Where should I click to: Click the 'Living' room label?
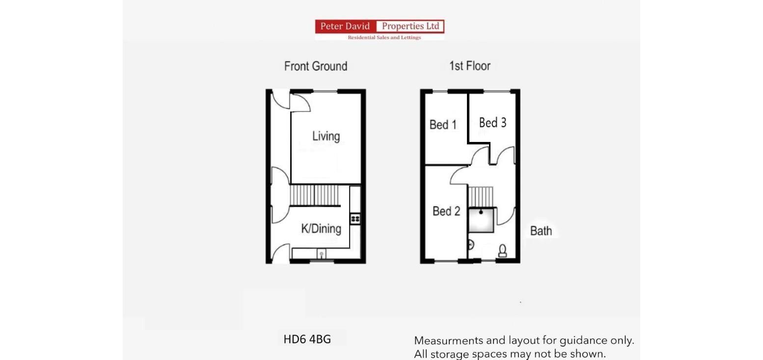[x=326, y=136]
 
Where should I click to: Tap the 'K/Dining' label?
[x=321, y=228]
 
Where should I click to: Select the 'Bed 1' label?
[x=443, y=125]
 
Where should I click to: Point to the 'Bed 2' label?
[x=446, y=211]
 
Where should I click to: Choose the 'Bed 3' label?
[x=492, y=122]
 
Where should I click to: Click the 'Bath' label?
[x=541, y=231]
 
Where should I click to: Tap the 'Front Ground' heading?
[x=316, y=66]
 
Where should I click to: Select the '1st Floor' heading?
[x=469, y=66]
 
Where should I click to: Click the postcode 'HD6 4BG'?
[x=307, y=339]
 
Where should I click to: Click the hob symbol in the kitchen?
[x=355, y=219]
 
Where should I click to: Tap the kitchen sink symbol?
[x=321, y=254]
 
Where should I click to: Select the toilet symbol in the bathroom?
[x=502, y=251]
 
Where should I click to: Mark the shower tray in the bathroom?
[x=481, y=220]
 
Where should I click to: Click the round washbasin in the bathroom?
[x=470, y=244]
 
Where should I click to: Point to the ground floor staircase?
[x=314, y=195]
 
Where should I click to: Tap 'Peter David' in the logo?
[x=345, y=27]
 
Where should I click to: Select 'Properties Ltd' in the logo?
[x=410, y=27]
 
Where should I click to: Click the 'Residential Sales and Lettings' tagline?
[x=384, y=37]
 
